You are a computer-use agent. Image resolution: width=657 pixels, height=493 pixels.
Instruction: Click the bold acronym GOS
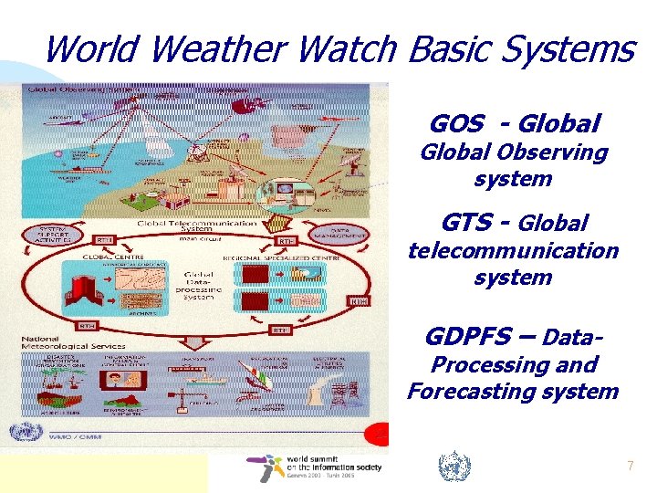(x=457, y=123)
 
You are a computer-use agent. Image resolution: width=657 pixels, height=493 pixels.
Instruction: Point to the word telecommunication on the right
(x=512, y=250)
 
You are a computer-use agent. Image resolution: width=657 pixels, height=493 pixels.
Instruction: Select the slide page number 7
(x=629, y=467)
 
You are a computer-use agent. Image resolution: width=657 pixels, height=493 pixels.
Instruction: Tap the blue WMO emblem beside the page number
(x=454, y=467)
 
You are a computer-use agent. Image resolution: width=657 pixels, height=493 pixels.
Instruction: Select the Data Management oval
(x=341, y=234)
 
